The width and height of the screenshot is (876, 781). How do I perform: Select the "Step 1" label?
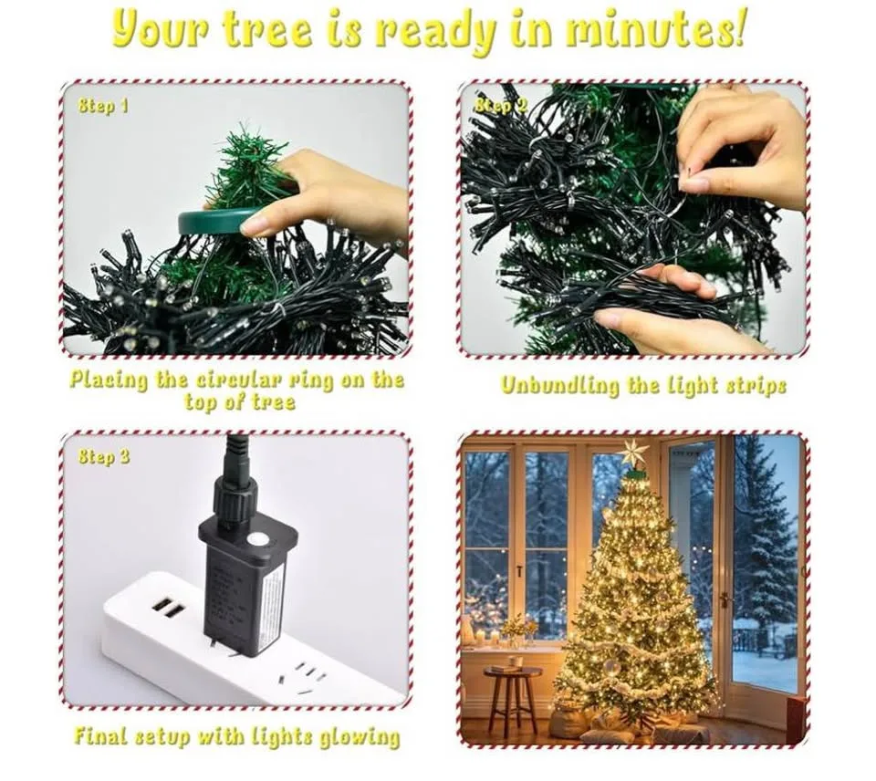tap(102, 106)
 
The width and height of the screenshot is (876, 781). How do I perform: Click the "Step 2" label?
tap(501, 106)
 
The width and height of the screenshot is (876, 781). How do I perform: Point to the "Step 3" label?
tap(103, 456)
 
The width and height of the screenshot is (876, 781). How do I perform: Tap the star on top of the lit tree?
tap(633, 453)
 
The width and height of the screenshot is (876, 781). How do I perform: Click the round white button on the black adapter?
tap(259, 539)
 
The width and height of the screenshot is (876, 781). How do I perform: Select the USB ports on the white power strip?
tap(169, 607)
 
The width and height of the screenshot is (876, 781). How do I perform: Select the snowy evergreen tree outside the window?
tap(764, 538)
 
